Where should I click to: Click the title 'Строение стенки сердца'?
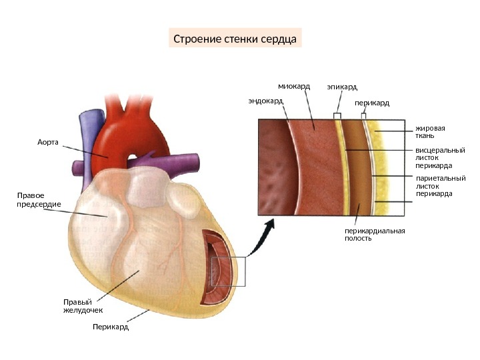[x=235, y=38]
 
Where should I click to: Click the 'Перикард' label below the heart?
[x=111, y=327]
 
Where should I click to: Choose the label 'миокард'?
[x=294, y=86]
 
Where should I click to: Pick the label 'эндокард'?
[x=265, y=101]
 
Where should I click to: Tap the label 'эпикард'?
[x=342, y=87]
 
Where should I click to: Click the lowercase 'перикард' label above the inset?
[x=371, y=103]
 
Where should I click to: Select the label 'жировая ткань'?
[x=430, y=131]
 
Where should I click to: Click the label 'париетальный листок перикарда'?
[x=440, y=186]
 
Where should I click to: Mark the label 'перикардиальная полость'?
[x=375, y=234]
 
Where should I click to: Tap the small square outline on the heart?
[x=229, y=271]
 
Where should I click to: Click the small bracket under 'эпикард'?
[x=337, y=116]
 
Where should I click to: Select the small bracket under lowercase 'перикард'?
[x=364, y=116]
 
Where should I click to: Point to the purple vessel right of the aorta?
[x=180, y=161]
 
